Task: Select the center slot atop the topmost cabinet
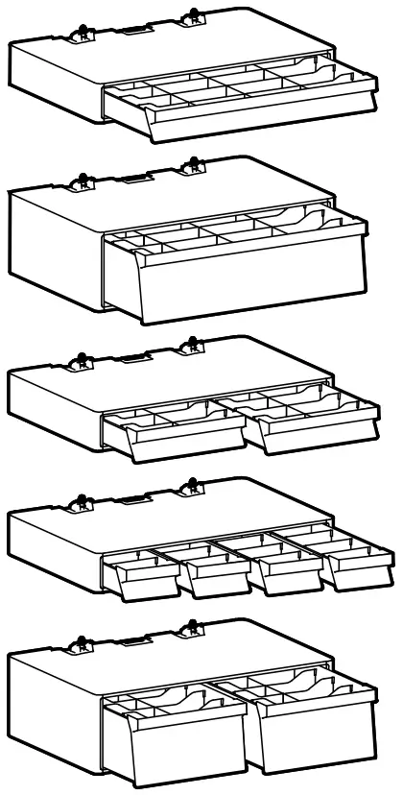coord(133,31)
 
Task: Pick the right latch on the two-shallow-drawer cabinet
coord(193,344)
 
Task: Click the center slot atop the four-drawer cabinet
coord(133,500)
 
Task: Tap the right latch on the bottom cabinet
coord(193,634)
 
